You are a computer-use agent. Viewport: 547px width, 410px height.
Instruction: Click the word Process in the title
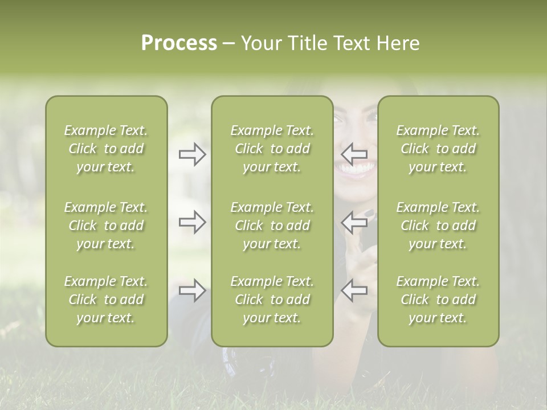click(179, 43)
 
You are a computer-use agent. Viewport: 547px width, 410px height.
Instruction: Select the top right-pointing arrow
click(193, 154)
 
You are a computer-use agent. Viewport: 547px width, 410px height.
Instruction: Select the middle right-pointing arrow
click(193, 222)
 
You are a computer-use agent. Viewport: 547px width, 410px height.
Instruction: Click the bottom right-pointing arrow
click(193, 290)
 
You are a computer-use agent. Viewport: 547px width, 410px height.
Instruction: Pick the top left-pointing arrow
click(354, 154)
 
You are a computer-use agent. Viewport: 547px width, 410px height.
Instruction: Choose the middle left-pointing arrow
click(354, 222)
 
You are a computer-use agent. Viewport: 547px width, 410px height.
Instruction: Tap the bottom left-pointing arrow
click(354, 290)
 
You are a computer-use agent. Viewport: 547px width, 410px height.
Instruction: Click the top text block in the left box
click(106, 149)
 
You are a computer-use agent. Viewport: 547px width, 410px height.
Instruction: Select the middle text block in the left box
click(106, 225)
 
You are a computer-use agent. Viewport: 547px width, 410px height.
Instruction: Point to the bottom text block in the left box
click(106, 300)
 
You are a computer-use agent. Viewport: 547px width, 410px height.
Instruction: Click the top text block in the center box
click(272, 149)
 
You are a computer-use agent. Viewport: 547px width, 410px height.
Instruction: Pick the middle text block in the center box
click(272, 225)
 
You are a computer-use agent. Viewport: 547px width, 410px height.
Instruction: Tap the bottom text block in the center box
click(272, 300)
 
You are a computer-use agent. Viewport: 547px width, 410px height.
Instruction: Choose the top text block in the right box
click(438, 149)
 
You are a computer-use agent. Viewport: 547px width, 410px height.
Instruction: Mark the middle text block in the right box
click(438, 225)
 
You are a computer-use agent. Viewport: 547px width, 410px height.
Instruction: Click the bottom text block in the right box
click(438, 300)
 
